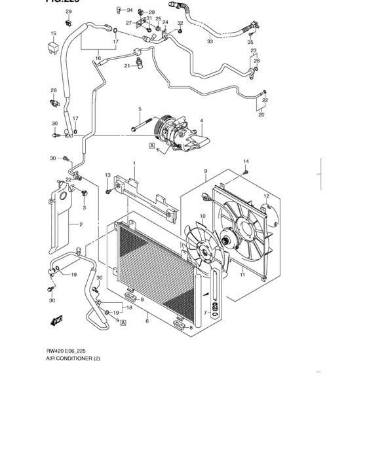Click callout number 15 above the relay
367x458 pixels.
pos(53,33)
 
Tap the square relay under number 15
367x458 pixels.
pos(53,46)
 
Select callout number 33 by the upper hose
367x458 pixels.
pos(210,41)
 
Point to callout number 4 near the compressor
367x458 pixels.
pos(202,120)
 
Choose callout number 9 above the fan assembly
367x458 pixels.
pos(206,171)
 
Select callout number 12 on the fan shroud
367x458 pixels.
pos(266,196)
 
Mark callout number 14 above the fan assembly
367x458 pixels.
pos(246,162)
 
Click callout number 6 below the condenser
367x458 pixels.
pos(147,321)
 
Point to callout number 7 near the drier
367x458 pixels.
pos(205,313)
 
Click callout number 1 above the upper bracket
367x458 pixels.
pos(134,164)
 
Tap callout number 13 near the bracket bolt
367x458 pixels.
pos(108,175)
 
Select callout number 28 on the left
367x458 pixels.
pos(54,90)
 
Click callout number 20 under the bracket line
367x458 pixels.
pos(261,115)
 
